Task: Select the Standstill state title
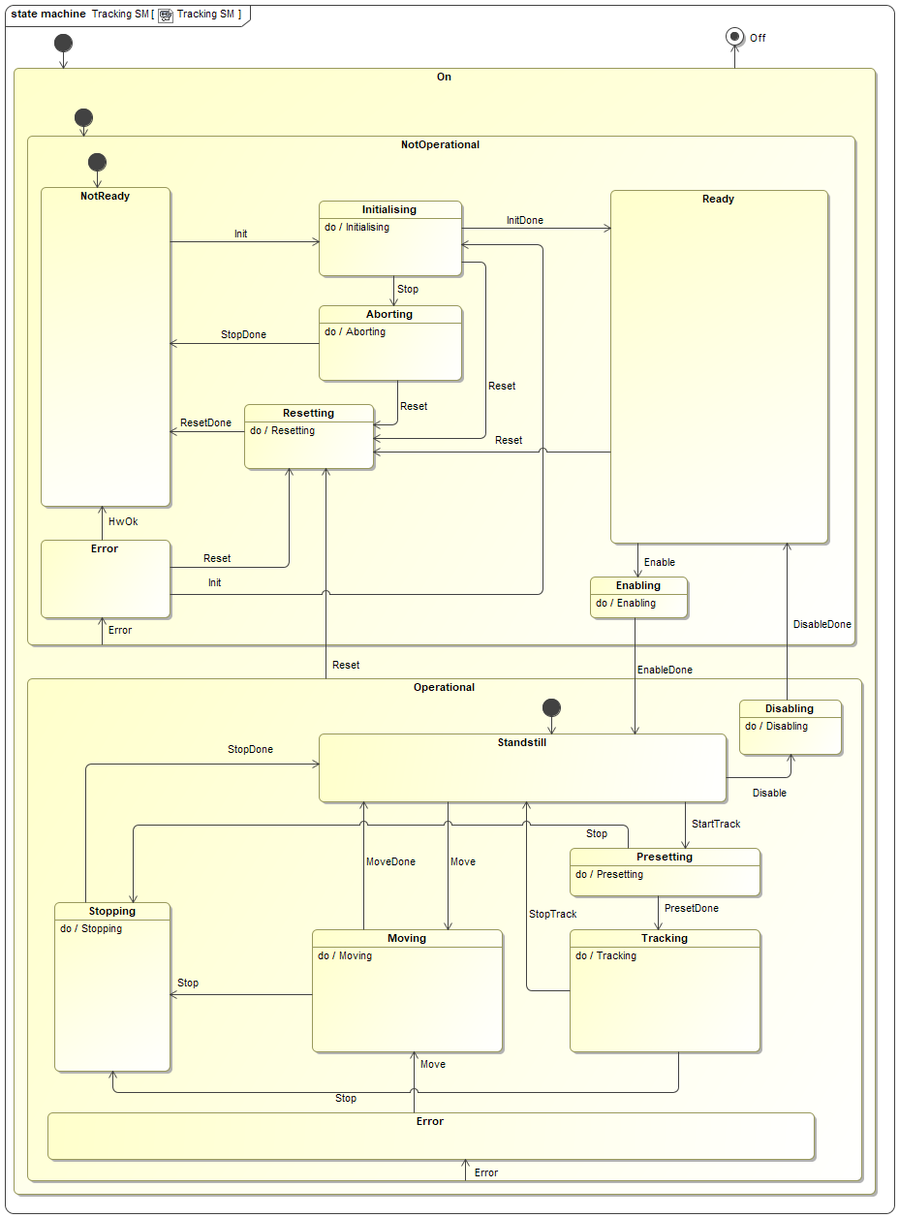(x=522, y=743)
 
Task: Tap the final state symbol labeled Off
(x=734, y=37)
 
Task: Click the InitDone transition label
(x=525, y=220)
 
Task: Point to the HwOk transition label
(x=123, y=521)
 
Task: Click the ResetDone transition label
(x=205, y=422)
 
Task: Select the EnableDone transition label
(x=665, y=670)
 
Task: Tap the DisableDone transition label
(x=821, y=624)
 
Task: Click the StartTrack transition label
(x=715, y=824)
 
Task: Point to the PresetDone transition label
(x=691, y=908)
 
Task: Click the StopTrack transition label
(x=552, y=914)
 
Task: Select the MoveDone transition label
(x=390, y=861)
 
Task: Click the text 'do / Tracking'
(x=605, y=955)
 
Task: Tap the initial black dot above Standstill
(x=551, y=707)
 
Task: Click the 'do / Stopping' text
(x=91, y=928)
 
